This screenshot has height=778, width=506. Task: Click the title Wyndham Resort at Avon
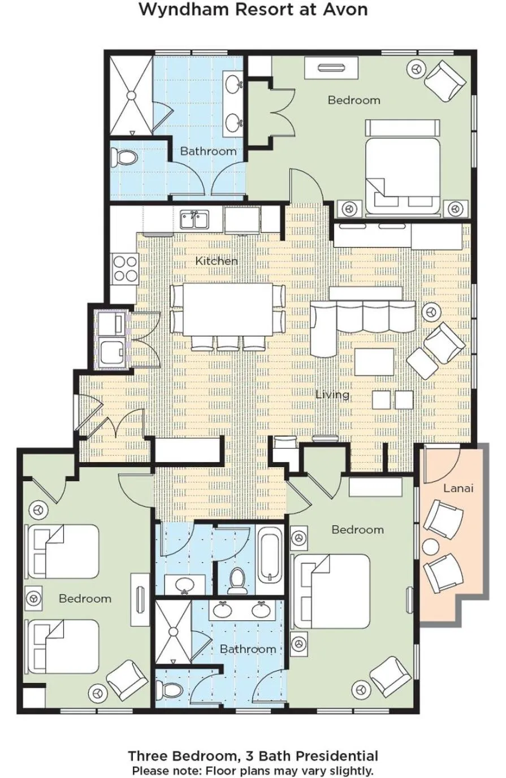coord(253,10)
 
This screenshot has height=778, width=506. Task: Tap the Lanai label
coord(458,488)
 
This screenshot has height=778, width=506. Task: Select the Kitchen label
coord(217,261)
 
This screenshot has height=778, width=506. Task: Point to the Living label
coord(332,394)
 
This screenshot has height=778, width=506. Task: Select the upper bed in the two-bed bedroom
coord(64,551)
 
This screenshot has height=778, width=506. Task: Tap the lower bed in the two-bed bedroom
coord(64,646)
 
